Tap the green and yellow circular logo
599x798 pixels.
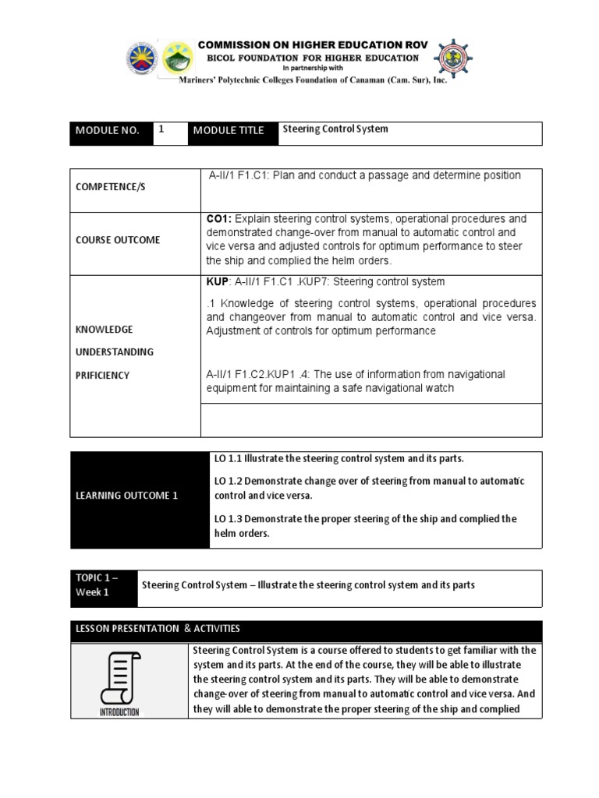click(x=179, y=58)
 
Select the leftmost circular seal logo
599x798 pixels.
click(x=142, y=58)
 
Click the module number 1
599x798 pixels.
click(x=161, y=130)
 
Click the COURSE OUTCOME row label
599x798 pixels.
click(x=118, y=240)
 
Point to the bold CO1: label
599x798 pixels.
click(x=219, y=218)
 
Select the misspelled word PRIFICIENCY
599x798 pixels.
click(x=102, y=376)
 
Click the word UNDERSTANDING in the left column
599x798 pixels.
click(x=114, y=352)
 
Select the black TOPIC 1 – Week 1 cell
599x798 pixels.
click(x=103, y=585)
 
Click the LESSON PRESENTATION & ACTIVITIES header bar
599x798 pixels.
click(x=306, y=628)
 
